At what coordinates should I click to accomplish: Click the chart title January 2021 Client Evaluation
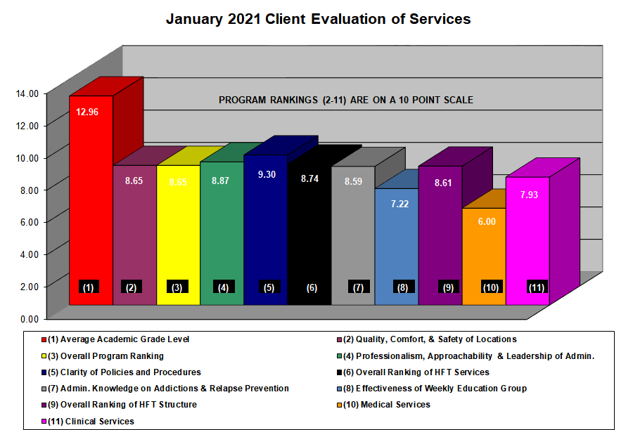point(318,19)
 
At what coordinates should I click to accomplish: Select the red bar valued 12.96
point(91,211)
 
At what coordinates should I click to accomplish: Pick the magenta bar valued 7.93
point(527,239)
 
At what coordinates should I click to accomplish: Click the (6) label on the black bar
point(312,287)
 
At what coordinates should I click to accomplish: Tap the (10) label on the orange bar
point(491,287)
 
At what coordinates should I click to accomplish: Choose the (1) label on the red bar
point(89,287)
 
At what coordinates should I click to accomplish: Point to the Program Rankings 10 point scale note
point(345,100)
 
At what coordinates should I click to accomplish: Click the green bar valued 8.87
point(222,232)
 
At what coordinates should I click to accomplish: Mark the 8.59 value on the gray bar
point(353,181)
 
